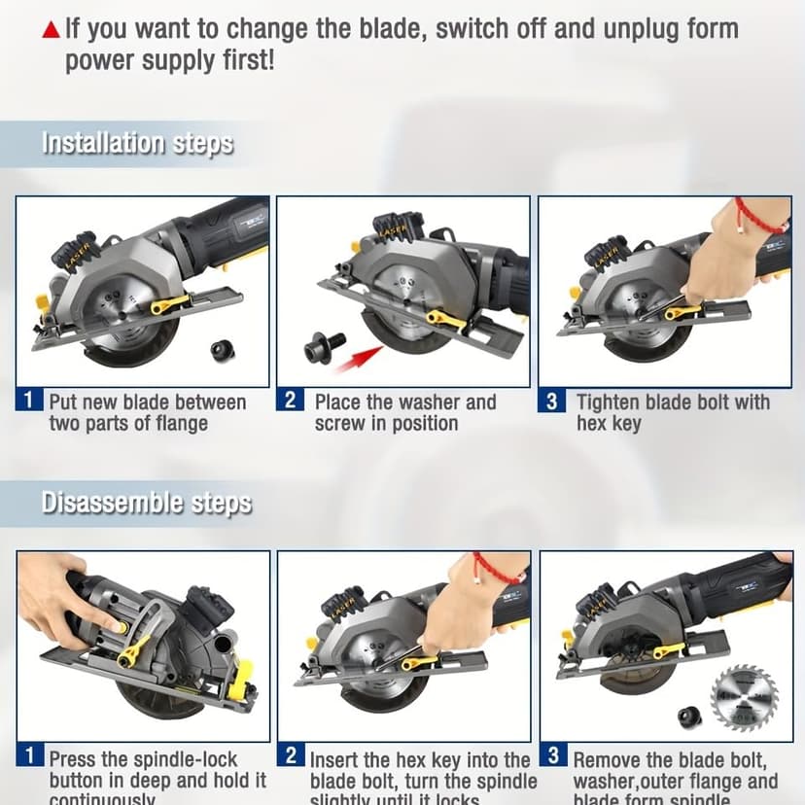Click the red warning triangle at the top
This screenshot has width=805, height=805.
click(x=51, y=31)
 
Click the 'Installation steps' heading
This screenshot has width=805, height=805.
click(x=137, y=144)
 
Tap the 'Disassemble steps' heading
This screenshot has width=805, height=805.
click(x=146, y=503)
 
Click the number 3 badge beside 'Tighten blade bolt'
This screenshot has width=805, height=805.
click(x=552, y=401)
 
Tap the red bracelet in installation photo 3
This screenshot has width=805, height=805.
click(x=756, y=217)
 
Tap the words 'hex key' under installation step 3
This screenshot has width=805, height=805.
click(x=609, y=424)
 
